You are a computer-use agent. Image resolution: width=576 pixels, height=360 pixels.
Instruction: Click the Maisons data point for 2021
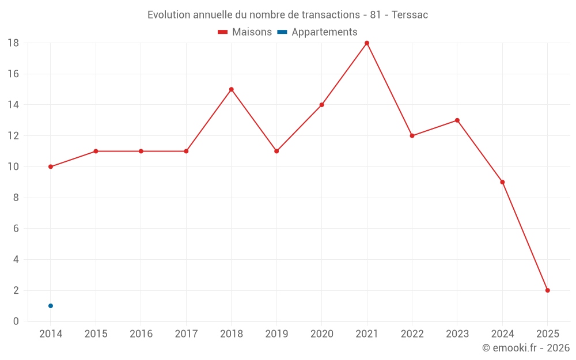tap(367, 43)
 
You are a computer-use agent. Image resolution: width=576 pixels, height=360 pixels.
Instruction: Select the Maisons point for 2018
tap(231, 89)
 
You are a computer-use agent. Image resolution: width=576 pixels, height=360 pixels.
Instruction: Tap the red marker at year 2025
tap(547, 290)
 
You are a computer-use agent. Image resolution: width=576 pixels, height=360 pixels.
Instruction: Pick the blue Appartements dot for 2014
tap(51, 306)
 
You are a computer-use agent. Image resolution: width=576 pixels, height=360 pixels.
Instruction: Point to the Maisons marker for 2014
tap(51, 166)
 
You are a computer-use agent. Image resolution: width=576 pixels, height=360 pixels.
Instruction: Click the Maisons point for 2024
tap(502, 182)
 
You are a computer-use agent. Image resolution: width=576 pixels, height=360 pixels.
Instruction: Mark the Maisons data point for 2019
tap(276, 151)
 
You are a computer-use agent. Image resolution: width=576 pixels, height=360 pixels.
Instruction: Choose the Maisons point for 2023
tap(457, 120)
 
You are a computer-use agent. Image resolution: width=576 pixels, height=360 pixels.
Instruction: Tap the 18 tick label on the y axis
tap(13, 43)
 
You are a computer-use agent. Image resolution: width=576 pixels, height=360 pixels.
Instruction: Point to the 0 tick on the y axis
tap(16, 321)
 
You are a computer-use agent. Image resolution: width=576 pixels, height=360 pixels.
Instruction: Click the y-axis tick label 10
tap(13, 167)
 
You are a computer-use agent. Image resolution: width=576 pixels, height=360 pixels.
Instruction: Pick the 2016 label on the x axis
tap(141, 334)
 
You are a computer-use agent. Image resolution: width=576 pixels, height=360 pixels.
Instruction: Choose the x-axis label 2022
tap(412, 334)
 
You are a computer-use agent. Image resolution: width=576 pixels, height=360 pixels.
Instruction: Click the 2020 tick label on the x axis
tap(321, 334)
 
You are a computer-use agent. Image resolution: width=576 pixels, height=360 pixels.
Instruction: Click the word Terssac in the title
tap(410, 15)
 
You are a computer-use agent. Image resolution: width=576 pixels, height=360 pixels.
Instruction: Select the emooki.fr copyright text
tap(526, 348)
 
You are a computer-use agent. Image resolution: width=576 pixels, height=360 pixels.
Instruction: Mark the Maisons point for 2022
tap(412, 136)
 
